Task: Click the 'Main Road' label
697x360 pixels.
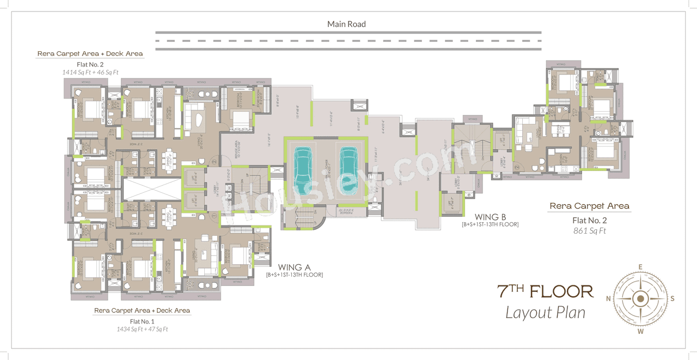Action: click(346, 24)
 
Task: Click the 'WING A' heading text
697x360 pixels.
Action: click(294, 267)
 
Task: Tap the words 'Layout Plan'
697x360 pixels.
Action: click(545, 312)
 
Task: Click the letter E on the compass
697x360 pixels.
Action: click(641, 266)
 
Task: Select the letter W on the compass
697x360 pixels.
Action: click(641, 331)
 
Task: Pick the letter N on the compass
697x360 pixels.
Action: click(608, 298)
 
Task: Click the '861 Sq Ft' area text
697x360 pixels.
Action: click(589, 230)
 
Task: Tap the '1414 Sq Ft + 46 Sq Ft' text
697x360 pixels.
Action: click(90, 71)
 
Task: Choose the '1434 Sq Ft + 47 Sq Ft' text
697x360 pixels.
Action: click(142, 328)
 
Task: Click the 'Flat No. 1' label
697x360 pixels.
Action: click(142, 321)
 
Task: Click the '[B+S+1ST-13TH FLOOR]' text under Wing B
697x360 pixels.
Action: click(490, 224)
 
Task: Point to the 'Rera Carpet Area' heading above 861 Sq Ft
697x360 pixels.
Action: click(589, 206)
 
